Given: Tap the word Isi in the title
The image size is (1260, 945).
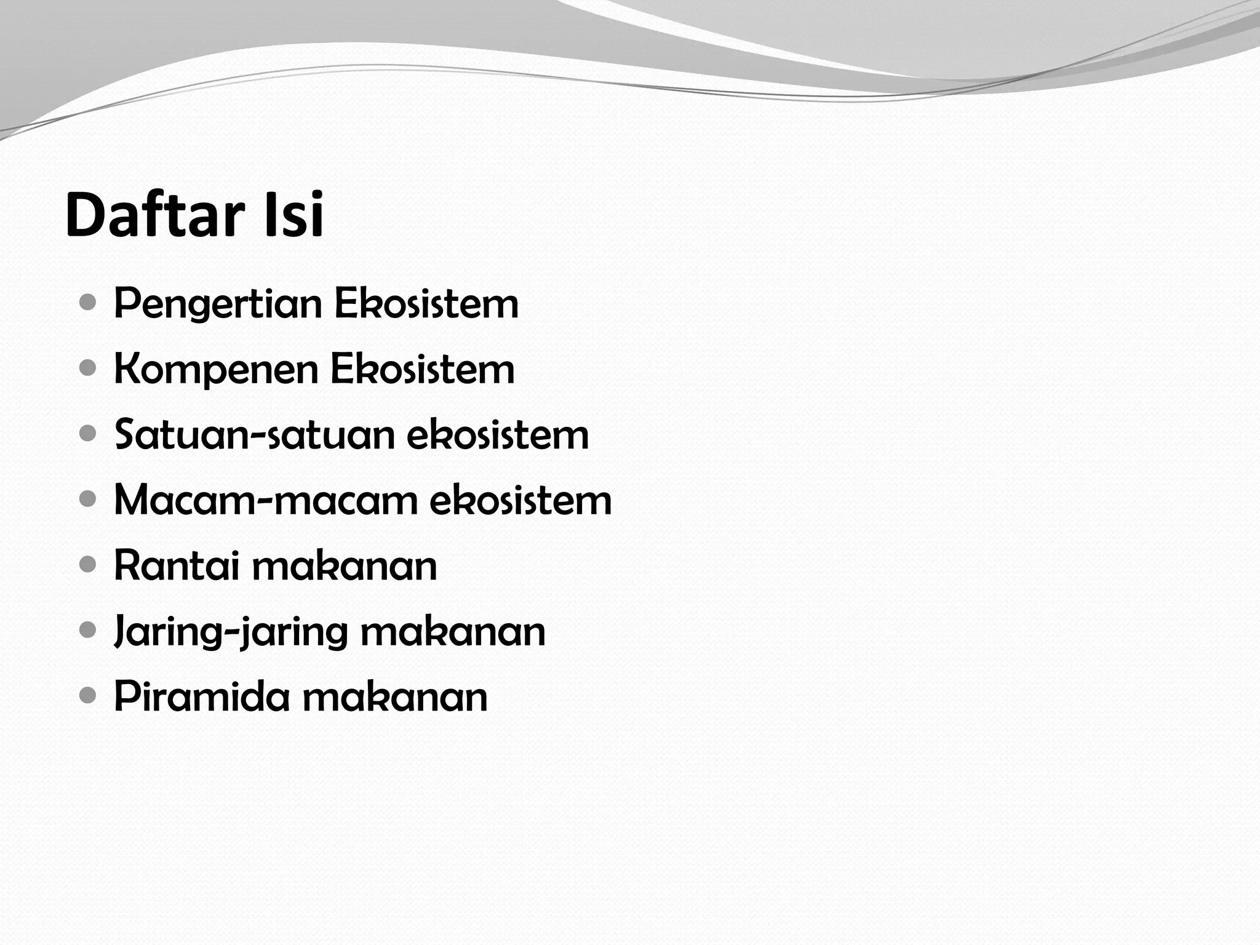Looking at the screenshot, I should click(293, 215).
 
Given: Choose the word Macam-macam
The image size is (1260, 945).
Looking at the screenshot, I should click(265, 500).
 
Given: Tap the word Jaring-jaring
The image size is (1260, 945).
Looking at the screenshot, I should click(229, 632).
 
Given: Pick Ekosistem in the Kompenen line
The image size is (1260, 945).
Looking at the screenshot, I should click(423, 369).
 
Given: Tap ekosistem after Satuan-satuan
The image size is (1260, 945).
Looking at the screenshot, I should click(498, 435).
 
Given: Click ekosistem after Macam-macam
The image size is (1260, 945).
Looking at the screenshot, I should click(520, 500).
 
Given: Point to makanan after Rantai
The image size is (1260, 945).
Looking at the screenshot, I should click(345, 566).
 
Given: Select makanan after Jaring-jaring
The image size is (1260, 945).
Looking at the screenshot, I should click(453, 632).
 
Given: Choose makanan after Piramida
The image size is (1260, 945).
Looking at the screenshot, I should click(395, 697).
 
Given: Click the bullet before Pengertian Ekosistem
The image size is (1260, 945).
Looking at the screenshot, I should click(88, 303).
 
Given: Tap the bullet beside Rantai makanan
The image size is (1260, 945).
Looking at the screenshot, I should click(88, 565).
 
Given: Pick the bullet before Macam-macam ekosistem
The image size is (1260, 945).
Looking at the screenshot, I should click(88, 500).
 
